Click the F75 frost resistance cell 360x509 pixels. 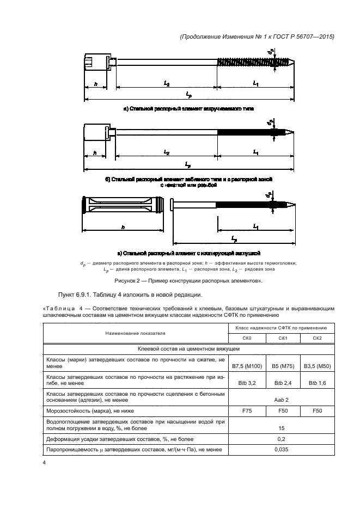tap(247, 410)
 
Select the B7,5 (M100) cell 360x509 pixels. tap(247, 364)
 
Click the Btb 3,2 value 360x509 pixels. tap(247, 383)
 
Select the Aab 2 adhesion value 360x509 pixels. tap(281, 399)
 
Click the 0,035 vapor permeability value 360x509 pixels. tap(281, 450)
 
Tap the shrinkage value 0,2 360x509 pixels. tap(281, 438)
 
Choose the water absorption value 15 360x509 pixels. tap(281, 427)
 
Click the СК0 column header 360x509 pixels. tap(247, 338)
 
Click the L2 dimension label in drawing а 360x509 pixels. tap(167, 83)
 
